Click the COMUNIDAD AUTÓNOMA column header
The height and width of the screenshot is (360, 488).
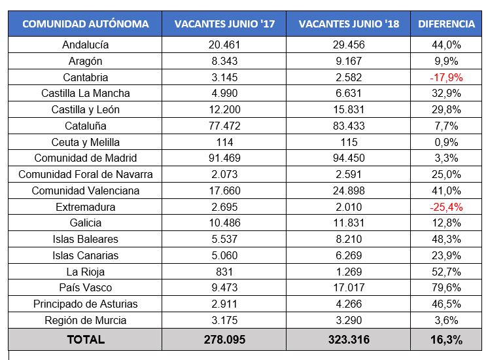86,24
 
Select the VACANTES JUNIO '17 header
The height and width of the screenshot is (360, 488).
224,24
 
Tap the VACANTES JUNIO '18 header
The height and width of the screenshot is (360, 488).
348,24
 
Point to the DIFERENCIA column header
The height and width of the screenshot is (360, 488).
446,24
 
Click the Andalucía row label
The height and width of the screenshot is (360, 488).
86,45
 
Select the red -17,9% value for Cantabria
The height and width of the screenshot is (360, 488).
446,77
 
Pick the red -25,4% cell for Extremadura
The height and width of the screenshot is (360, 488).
446,207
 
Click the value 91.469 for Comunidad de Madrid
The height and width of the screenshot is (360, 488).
224,158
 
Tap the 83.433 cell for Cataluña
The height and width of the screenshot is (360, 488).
348,126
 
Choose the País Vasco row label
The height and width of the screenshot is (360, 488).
86,288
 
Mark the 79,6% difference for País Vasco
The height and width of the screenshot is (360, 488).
446,288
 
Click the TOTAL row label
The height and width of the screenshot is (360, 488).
86,339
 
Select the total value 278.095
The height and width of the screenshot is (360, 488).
224,339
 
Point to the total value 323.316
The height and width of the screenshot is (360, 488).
348,339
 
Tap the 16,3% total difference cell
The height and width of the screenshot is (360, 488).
446,339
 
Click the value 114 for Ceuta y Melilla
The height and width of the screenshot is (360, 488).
224,142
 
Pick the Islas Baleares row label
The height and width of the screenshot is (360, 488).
86,240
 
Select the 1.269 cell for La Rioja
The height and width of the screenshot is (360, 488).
348,272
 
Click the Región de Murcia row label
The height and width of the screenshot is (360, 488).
86,321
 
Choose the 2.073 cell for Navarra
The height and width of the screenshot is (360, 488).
224,175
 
